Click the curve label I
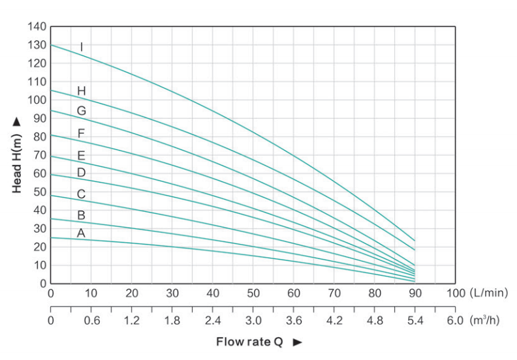tap(82, 47)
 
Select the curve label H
tap(81, 91)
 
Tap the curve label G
tap(81, 111)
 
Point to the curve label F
tap(81, 134)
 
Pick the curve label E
tap(81, 155)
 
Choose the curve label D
tap(81, 173)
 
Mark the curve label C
tap(81, 194)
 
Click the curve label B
tap(81, 215)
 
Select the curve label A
tap(81, 233)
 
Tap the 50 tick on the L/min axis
tap(253, 293)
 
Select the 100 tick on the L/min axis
tap(454, 293)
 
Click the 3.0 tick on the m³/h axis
tap(253, 321)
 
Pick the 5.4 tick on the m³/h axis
tap(414, 321)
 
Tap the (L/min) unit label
tap(488, 293)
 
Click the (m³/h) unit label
tap(488, 321)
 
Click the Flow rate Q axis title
tap(249, 342)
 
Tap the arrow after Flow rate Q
tap(297, 342)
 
